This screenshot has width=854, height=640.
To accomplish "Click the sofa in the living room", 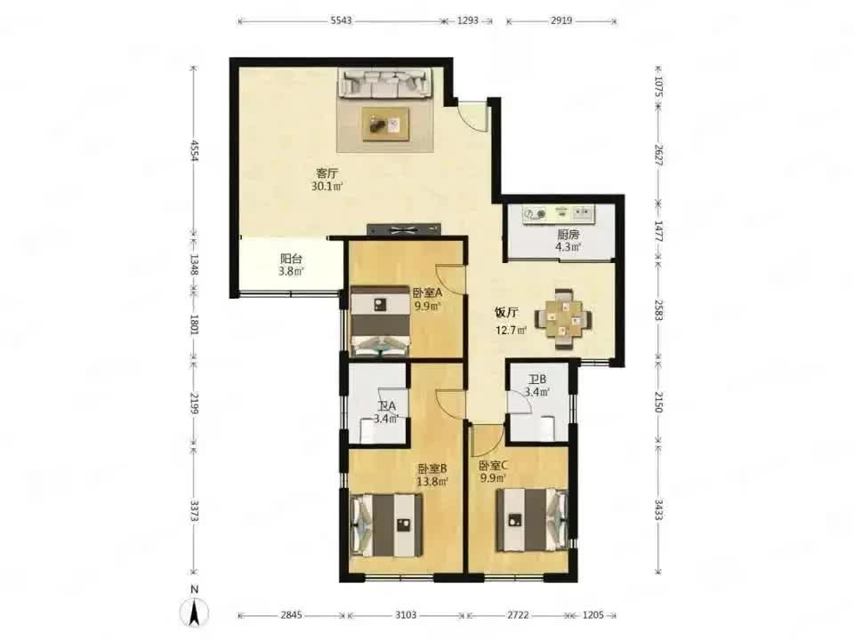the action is (386, 83).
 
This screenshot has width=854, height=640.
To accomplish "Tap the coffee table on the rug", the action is (386, 124).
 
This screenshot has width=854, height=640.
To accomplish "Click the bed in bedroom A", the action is (380, 321).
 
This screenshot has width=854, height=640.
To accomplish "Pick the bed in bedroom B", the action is (387, 524).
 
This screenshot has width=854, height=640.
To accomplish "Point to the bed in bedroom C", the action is (532, 521).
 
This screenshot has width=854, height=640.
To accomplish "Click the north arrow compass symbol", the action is (195, 608).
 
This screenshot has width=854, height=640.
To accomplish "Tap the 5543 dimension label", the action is (342, 20).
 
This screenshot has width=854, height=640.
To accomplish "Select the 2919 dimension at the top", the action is (561, 20).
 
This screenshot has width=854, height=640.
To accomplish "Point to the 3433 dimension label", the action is (658, 509).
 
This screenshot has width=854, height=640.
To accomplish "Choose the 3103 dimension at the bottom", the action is (406, 615).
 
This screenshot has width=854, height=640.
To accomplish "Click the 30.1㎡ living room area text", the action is (326, 187).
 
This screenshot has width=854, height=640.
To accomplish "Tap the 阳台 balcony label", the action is (292, 259).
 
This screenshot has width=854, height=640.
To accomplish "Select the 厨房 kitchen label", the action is (568, 235).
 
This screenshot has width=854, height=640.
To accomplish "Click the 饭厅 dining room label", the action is (506, 312).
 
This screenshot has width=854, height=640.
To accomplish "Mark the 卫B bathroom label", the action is (537, 380).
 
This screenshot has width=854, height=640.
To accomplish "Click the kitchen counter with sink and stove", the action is (559, 214).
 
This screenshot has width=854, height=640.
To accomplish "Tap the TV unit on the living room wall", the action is (404, 229).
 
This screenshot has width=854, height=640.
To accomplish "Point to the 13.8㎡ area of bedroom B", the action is (432, 481).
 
